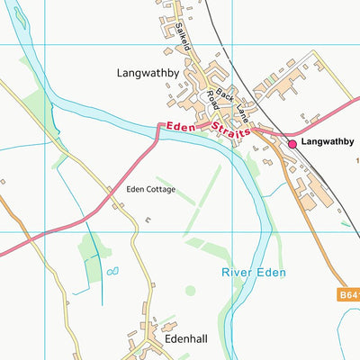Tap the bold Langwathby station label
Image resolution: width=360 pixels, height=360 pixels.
coord(328,142)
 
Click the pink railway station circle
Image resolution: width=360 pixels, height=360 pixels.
coord(292,142)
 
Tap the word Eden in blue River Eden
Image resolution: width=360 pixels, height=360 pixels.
coord(273,271)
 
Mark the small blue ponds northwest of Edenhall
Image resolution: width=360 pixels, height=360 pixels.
coord(112,270)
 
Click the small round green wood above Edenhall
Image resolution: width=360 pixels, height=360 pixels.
coord(190,290)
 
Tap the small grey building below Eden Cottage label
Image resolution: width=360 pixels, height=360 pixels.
coord(148,219)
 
